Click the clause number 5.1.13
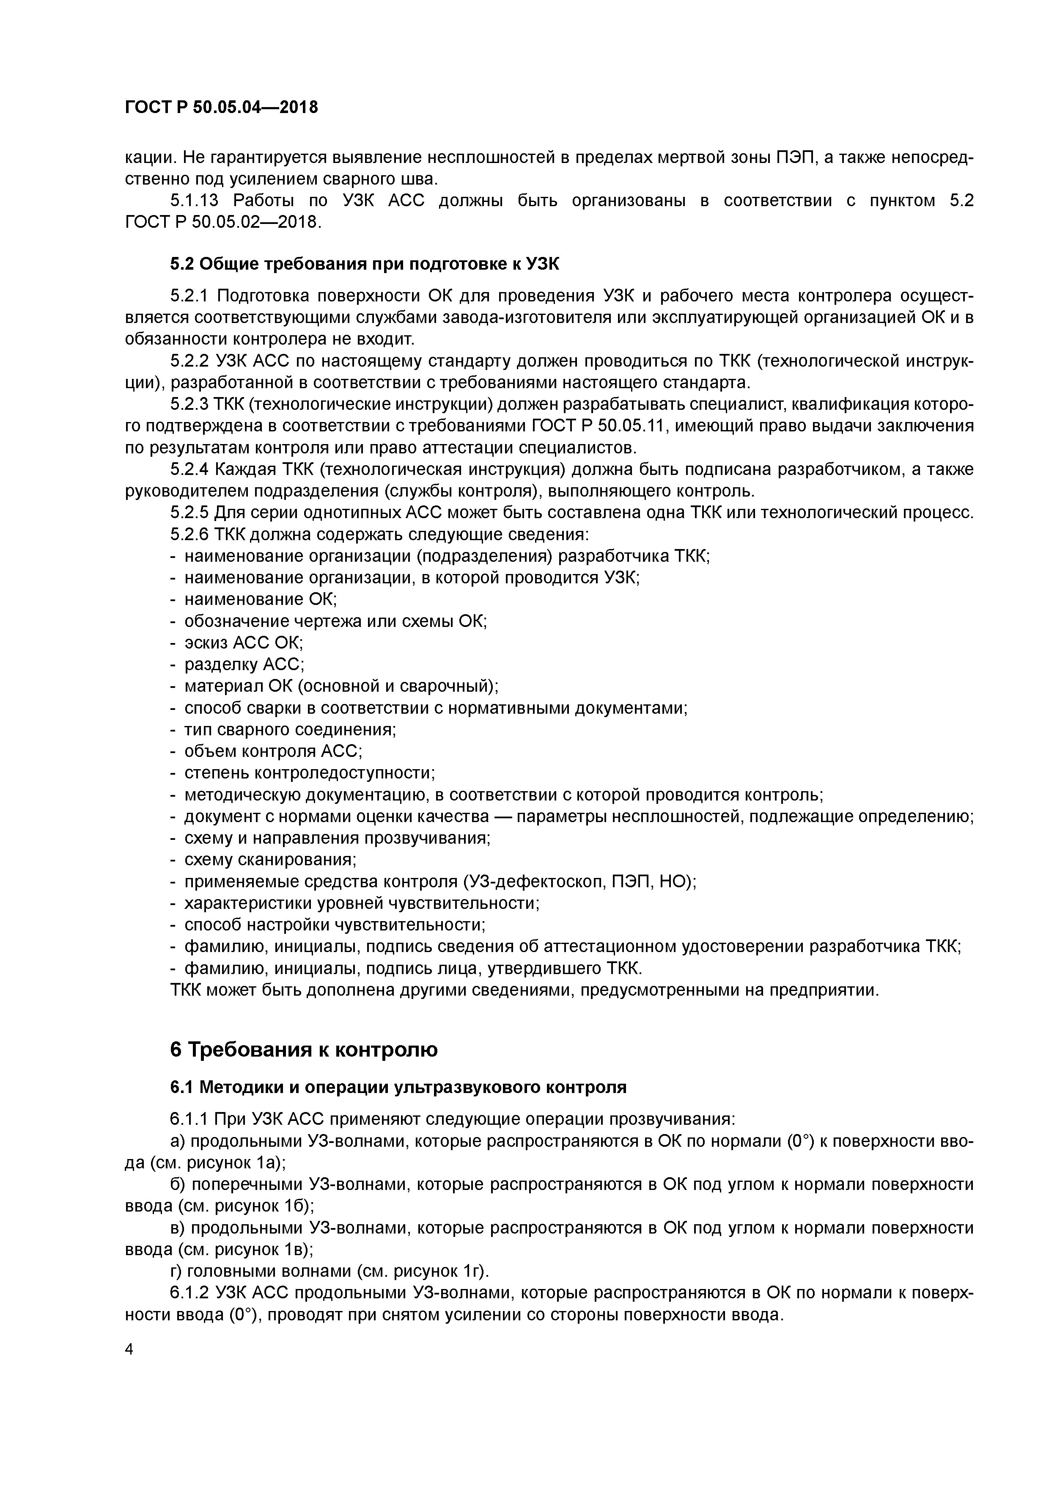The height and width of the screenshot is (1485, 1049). pyautogui.click(x=193, y=201)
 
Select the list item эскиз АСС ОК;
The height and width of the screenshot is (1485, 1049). pyautogui.click(x=243, y=642)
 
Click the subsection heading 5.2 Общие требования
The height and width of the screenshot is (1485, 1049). pyautogui.click(x=365, y=264)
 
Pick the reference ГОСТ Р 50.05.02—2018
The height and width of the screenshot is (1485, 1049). pyautogui.click(x=222, y=222)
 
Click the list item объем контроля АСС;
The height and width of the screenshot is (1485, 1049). pyautogui.click(x=273, y=751)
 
